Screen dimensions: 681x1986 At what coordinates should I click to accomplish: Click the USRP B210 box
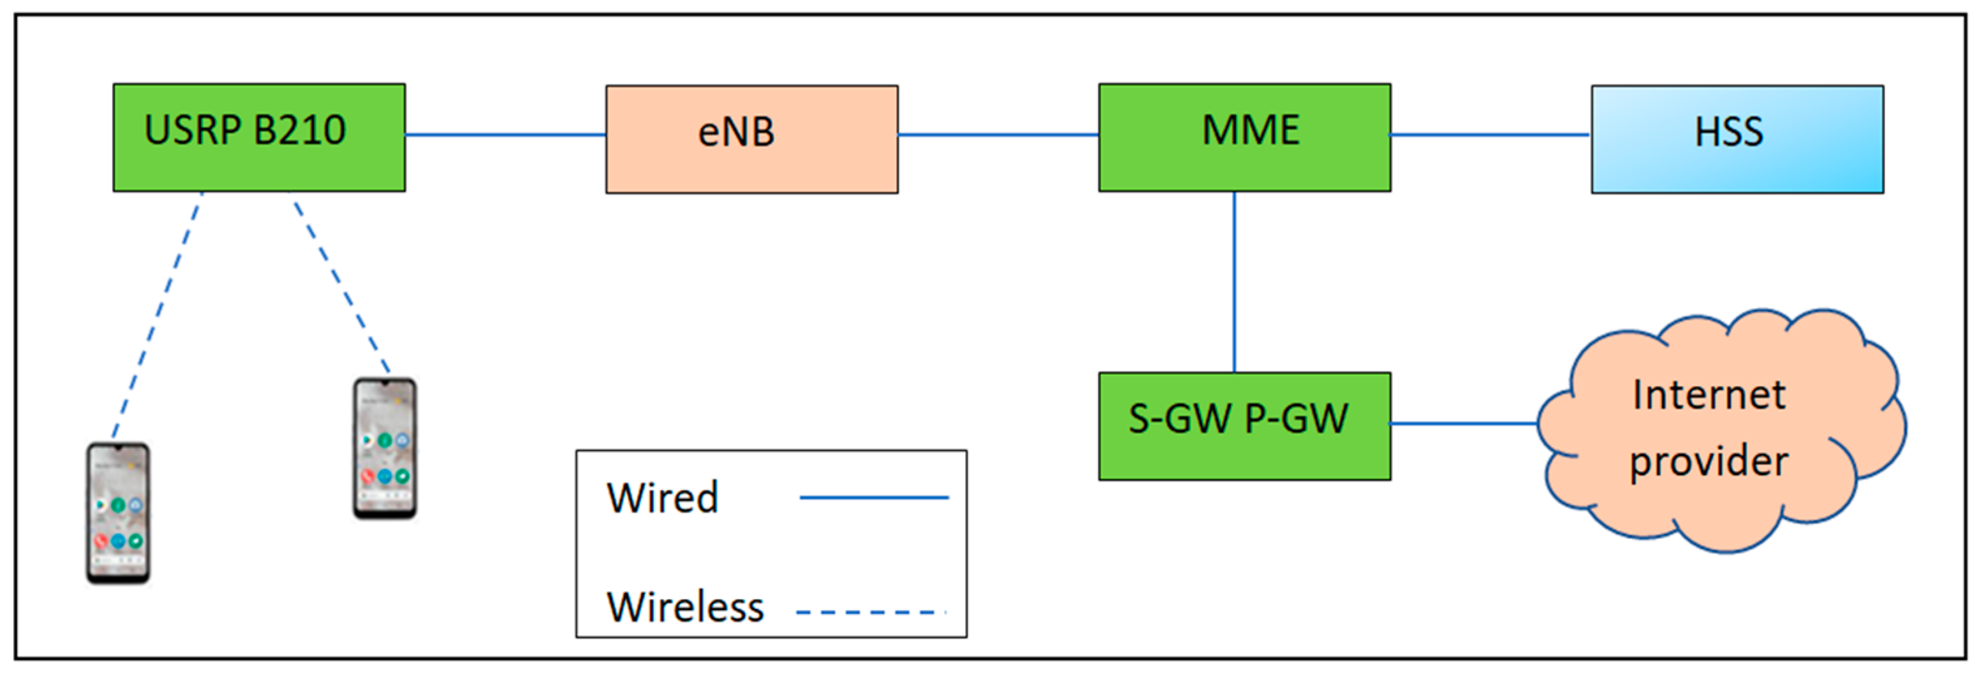click(x=259, y=137)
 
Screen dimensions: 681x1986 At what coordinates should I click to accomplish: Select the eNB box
click(x=752, y=139)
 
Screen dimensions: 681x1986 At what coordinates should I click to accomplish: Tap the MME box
click(x=1244, y=137)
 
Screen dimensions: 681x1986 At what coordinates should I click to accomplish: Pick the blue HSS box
click(x=1737, y=139)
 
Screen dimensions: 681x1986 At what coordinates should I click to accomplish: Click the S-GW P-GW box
click(x=1244, y=426)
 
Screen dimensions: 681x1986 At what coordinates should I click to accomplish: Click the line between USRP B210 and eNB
click(x=505, y=135)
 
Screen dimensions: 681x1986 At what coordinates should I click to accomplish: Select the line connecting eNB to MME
click(x=998, y=135)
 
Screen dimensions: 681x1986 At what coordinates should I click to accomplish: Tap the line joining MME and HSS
click(x=1489, y=135)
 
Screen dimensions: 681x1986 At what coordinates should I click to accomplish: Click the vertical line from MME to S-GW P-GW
click(x=1234, y=281)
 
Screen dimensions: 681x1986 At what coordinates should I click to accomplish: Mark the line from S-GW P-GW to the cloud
click(x=1463, y=423)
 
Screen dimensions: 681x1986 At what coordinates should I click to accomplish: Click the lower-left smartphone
click(x=118, y=512)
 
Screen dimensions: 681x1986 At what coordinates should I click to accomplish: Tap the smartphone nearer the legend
click(x=385, y=448)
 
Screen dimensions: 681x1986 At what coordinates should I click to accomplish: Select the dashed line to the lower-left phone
click(x=157, y=316)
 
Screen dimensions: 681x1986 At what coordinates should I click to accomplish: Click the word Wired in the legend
click(x=662, y=498)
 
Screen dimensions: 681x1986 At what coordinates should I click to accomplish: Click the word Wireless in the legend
click(x=685, y=607)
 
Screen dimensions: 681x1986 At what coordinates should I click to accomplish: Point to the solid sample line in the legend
click(x=874, y=498)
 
